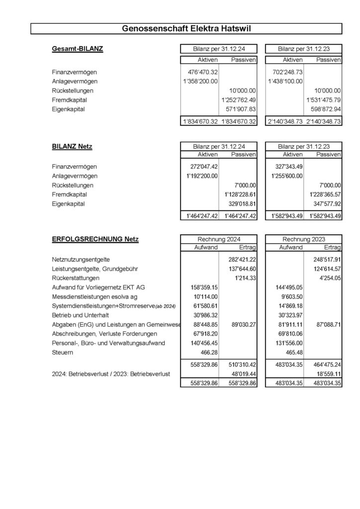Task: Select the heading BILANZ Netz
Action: click(x=72, y=147)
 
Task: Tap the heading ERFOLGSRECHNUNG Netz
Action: click(x=95, y=239)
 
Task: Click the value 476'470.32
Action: click(x=201, y=72)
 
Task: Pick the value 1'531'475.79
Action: click(x=323, y=100)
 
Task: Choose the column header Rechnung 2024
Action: click(x=218, y=239)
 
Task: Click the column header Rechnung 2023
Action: click(x=303, y=239)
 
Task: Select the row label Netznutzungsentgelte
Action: click(x=81, y=259)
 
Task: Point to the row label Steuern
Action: click(x=63, y=352)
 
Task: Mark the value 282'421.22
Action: click(x=240, y=259)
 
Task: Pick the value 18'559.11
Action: click(x=326, y=374)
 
